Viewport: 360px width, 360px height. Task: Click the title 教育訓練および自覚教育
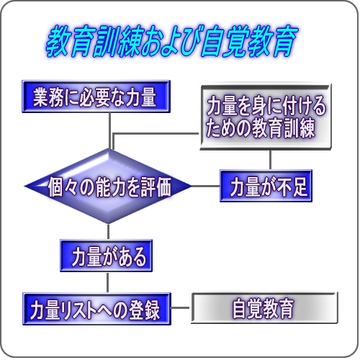(x=172, y=41)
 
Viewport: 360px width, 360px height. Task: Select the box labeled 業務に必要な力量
(x=96, y=96)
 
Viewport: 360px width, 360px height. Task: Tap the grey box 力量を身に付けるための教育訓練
(x=266, y=117)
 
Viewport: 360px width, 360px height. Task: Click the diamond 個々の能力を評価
(x=108, y=186)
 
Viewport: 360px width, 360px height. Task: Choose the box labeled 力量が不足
(x=266, y=186)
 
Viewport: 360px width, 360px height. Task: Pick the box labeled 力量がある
(x=106, y=256)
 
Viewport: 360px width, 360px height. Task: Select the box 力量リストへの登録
(x=96, y=309)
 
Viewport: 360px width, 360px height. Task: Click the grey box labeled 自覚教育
(x=264, y=308)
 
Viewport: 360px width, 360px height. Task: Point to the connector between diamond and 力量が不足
(x=206, y=186)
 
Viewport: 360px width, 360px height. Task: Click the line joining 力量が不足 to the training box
(x=271, y=160)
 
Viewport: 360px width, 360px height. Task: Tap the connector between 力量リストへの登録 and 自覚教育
(x=180, y=307)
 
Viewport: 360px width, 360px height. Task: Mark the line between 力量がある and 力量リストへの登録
(x=107, y=282)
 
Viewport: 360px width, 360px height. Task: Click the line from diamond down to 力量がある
(x=108, y=232)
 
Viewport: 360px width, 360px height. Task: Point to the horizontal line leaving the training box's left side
(x=156, y=134)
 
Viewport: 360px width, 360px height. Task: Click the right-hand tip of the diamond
(x=192, y=186)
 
